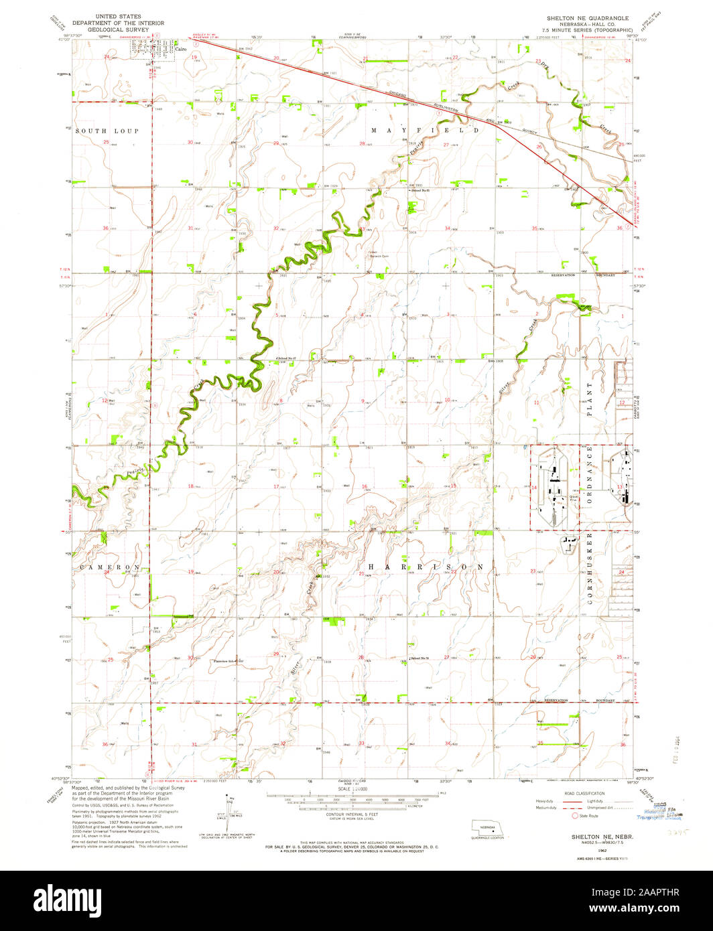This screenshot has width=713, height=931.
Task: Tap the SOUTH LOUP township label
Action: pos(107,131)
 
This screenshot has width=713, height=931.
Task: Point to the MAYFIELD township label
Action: pos(422,130)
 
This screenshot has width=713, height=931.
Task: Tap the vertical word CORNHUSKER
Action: pos(590,569)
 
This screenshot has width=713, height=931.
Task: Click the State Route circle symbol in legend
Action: pos(574,816)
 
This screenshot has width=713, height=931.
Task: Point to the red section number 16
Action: pos(364,486)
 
